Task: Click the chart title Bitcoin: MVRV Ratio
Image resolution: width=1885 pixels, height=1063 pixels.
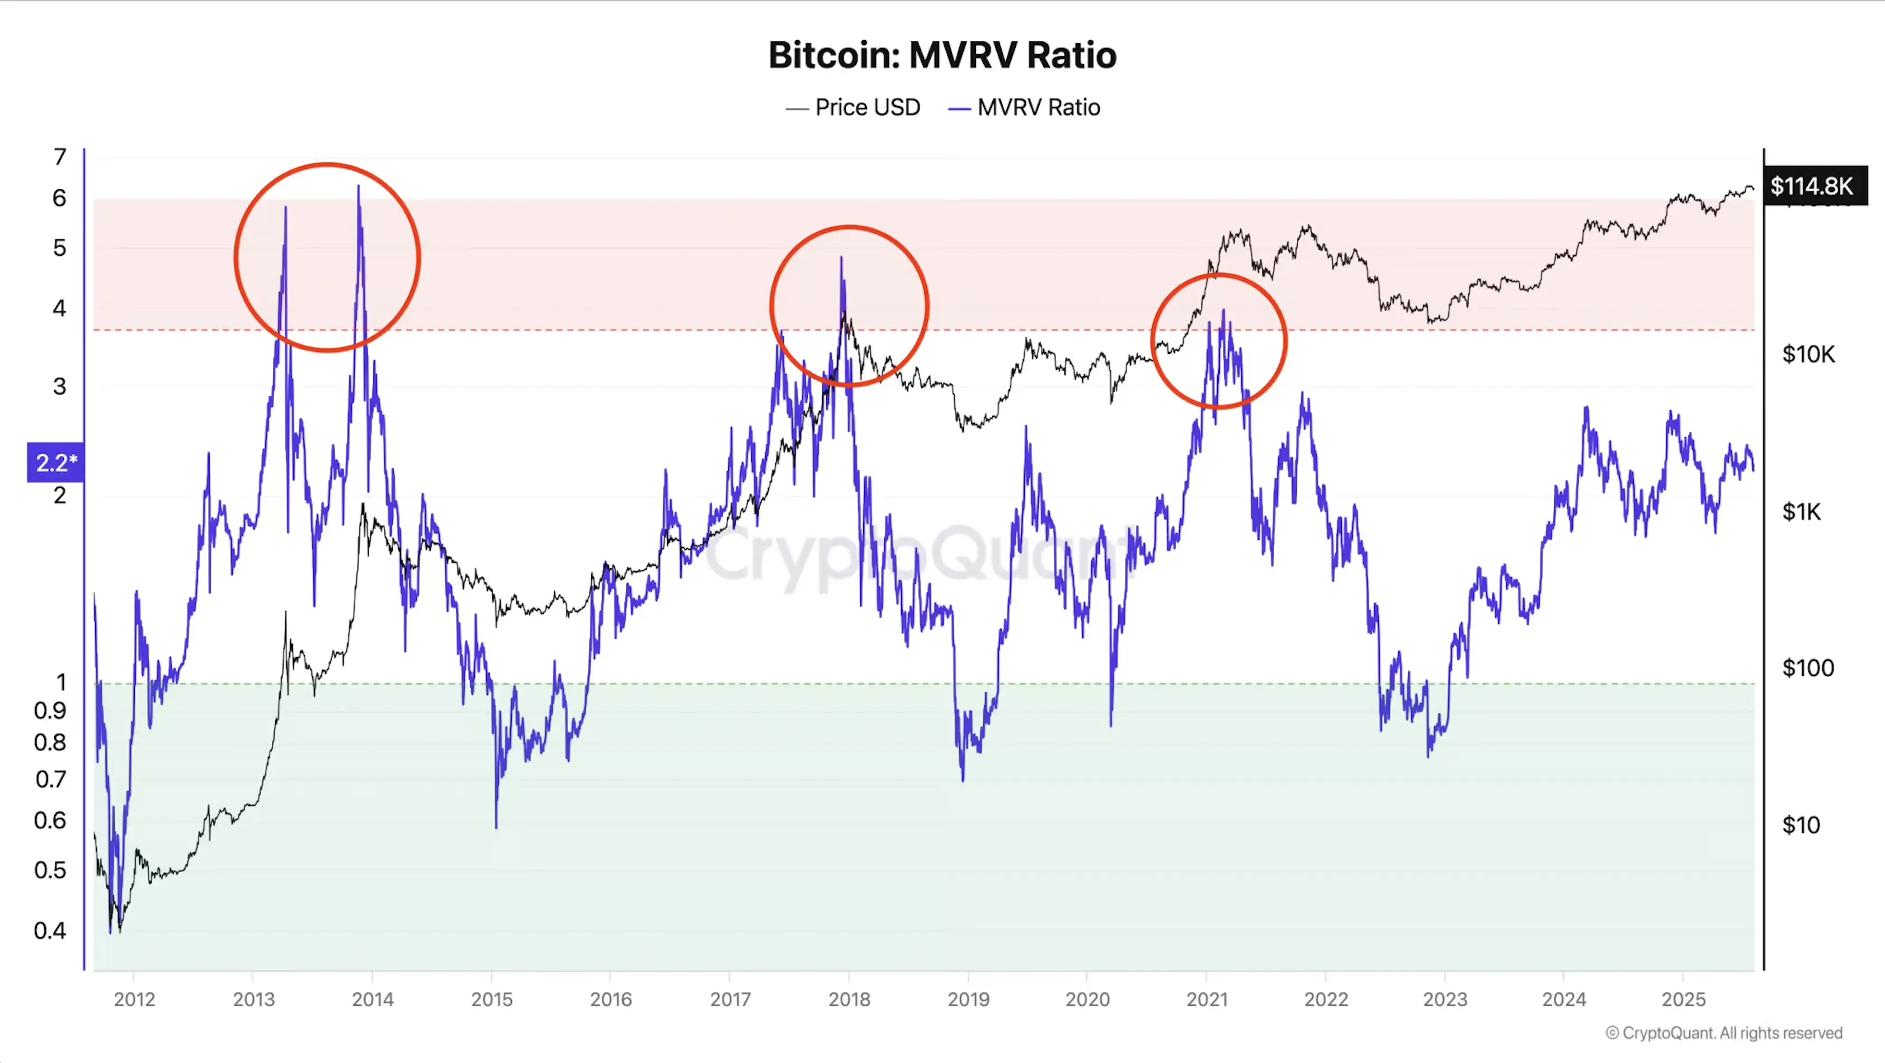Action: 942,55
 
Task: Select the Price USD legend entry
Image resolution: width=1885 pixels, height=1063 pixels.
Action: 853,107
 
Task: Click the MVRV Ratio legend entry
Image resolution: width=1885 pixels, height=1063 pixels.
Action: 1025,107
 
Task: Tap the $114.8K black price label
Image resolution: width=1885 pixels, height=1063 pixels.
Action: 1812,186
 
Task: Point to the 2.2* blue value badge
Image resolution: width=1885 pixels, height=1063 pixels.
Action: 55,463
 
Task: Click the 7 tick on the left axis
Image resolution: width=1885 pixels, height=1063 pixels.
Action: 59,157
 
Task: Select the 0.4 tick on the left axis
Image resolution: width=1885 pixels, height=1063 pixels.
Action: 50,930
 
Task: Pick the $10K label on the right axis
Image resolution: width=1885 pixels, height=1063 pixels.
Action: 1808,354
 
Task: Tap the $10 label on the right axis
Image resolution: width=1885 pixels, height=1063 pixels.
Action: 1801,825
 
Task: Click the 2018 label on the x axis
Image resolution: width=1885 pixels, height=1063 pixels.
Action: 849,999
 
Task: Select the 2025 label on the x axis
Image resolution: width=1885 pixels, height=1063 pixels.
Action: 1683,999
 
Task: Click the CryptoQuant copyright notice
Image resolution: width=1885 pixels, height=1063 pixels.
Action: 1723,1033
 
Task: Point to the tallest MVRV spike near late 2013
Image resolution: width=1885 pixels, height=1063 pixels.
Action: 359,187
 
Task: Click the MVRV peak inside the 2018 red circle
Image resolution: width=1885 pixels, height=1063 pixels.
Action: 841,258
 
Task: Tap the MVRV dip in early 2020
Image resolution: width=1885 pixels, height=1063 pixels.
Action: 1111,725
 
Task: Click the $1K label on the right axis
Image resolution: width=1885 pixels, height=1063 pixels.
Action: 1801,511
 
